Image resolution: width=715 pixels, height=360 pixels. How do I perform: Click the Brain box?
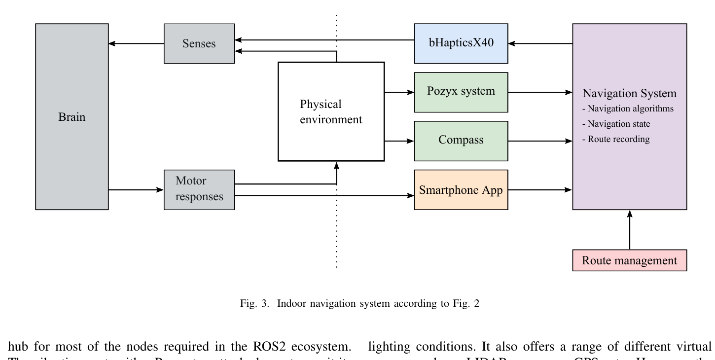(72, 117)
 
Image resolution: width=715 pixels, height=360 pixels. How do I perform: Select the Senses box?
(199, 43)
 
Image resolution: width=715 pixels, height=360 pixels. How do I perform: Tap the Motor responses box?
(199, 190)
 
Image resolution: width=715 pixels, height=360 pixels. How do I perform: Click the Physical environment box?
(331, 111)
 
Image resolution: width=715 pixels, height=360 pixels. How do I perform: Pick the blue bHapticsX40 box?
(461, 43)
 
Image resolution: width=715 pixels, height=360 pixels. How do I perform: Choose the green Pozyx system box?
(461, 92)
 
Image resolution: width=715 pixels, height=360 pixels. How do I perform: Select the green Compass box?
(461, 141)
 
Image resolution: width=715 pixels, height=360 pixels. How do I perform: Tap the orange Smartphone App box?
(461, 190)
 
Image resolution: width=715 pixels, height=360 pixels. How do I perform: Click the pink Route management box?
(629, 260)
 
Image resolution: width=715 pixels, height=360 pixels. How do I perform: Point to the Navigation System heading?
(629, 93)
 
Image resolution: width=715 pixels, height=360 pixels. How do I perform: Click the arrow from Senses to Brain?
(136, 43)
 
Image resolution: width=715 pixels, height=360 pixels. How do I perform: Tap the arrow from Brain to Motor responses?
(136, 189)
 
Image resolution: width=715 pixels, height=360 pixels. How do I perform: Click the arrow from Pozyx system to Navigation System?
(540, 92)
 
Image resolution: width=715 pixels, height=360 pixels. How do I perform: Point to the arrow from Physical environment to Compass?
(399, 141)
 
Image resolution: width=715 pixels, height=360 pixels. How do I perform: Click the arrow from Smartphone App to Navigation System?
(540, 189)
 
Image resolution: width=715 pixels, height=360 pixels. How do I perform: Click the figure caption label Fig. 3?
(254, 303)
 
